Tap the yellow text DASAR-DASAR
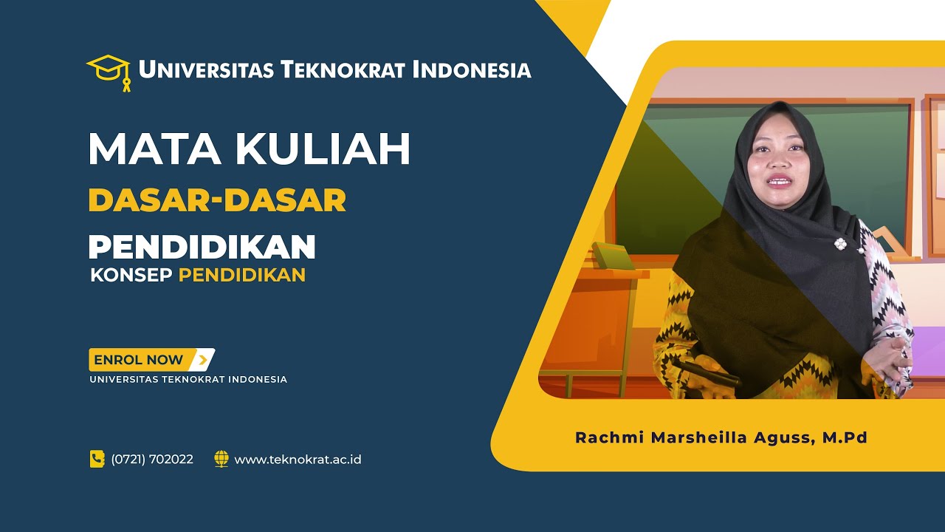[x=217, y=201]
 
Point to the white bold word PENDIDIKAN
[x=202, y=248]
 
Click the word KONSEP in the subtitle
[x=131, y=276]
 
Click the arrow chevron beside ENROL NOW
[x=201, y=360]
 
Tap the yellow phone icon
[x=97, y=459]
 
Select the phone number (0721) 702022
[x=152, y=460]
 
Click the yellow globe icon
[x=221, y=459]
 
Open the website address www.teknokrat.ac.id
[x=298, y=460]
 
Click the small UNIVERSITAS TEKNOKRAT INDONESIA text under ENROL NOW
[x=188, y=380]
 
